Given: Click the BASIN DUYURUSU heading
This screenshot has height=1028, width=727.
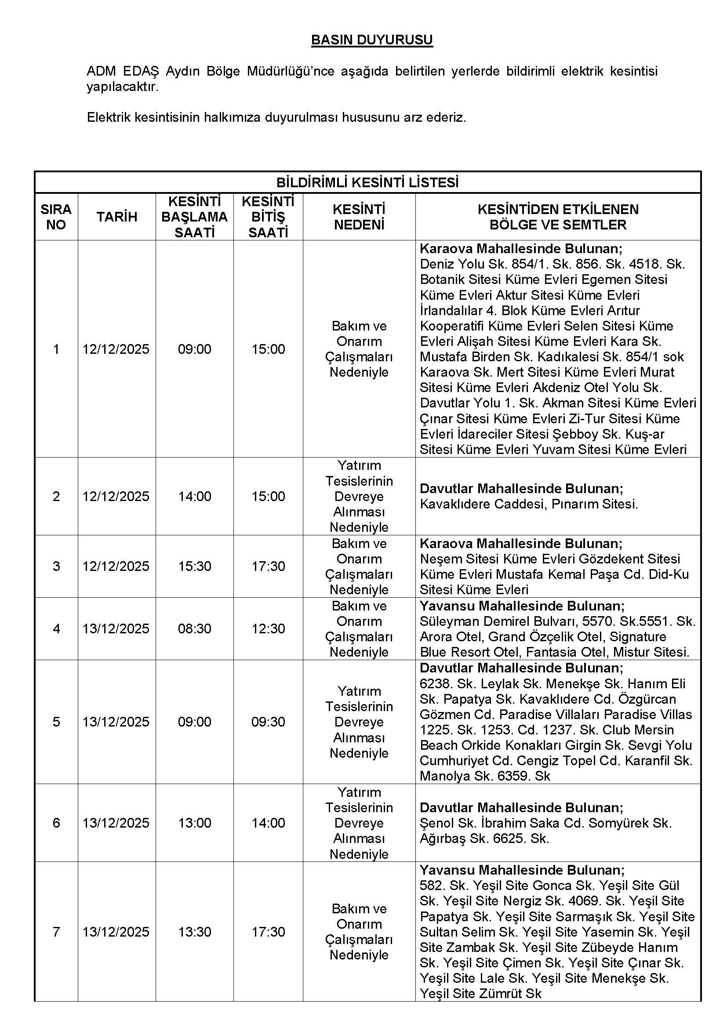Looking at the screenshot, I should [371, 40].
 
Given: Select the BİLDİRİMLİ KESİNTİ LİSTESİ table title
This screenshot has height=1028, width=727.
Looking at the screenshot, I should [367, 183].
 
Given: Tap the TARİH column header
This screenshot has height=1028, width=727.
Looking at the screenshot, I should [117, 217].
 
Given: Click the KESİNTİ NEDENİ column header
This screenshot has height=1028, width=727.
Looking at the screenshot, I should [359, 217].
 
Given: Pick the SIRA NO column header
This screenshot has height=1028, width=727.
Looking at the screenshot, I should [56, 217].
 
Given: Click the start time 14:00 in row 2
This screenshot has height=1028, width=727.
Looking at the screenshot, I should [194, 496].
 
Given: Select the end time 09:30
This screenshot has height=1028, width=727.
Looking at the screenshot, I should [268, 722].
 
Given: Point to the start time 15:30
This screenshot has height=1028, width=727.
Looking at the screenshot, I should [194, 567].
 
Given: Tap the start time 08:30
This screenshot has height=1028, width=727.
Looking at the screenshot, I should [194, 628].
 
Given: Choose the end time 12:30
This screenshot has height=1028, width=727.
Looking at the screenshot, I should [268, 628].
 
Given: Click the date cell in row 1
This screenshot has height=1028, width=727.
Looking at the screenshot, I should [116, 349].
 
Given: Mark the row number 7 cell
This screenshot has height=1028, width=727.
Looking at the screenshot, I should [56, 932].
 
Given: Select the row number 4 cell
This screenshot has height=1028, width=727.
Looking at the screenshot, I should [56, 628].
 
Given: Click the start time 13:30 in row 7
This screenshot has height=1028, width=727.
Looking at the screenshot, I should [194, 932].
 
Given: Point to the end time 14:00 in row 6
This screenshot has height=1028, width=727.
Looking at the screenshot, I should [268, 823].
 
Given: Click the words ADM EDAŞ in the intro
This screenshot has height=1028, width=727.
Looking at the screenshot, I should [123, 71].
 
